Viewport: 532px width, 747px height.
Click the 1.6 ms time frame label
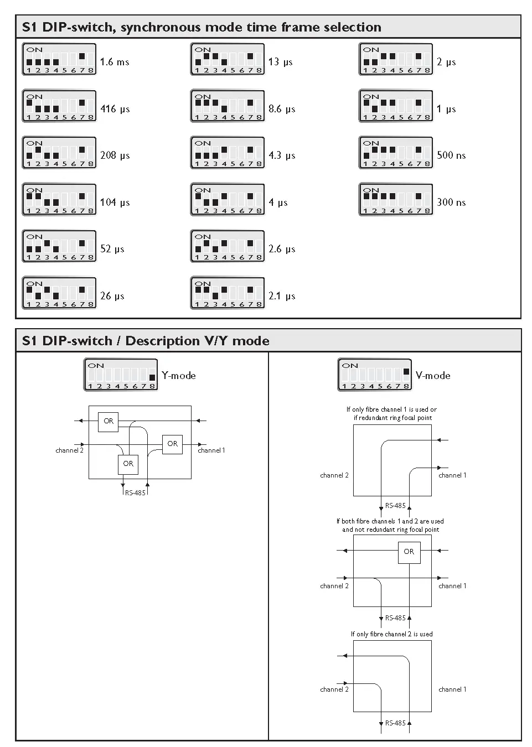tap(115, 62)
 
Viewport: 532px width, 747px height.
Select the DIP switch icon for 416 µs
tap(59, 106)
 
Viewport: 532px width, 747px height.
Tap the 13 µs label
tap(280, 62)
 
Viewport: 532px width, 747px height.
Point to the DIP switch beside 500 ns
tap(396, 153)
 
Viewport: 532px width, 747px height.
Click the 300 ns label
tap(451, 203)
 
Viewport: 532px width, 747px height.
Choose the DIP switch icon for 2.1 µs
tap(228, 293)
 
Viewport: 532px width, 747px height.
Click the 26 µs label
tap(112, 296)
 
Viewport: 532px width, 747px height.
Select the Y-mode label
tap(178, 376)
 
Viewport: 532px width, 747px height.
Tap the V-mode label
tap(433, 376)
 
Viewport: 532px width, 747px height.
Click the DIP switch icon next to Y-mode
tap(121, 375)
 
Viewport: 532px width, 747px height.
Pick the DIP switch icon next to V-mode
tap(375, 375)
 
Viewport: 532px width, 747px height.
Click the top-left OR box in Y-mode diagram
tap(109, 421)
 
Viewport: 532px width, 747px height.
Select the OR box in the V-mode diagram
tap(409, 552)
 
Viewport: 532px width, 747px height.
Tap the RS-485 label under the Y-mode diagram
tap(135, 492)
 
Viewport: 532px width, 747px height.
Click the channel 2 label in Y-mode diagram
tap(69, 450)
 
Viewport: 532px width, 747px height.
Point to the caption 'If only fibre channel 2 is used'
tap(391, 634)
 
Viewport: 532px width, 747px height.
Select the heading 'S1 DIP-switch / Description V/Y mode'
tap(146, 341)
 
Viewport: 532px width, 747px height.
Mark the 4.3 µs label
tap(282, 155)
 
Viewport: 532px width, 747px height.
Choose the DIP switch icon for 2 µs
tap(396, 60)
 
